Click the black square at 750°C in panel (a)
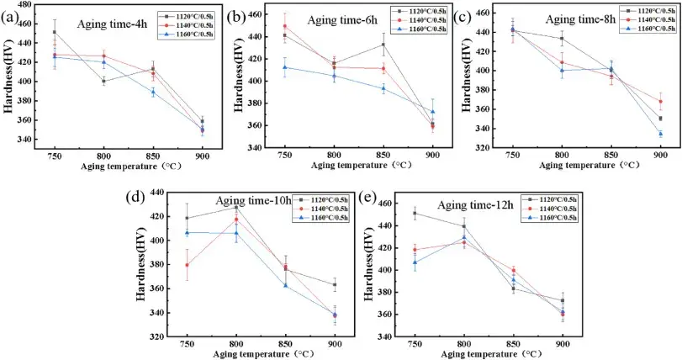[55, 32]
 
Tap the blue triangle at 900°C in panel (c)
[660, 134]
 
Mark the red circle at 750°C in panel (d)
[187, 265]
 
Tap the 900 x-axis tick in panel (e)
[562, 344]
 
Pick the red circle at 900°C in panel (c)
[660, 101]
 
